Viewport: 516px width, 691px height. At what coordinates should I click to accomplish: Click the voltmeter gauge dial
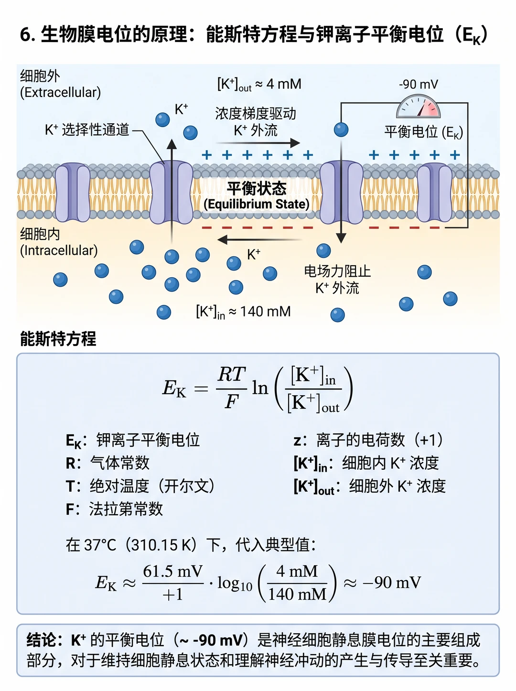tap(418, 108)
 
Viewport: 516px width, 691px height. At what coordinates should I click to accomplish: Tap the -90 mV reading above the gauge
tap(419, 85)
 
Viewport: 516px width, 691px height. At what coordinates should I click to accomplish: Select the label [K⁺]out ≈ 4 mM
tap(259, 85)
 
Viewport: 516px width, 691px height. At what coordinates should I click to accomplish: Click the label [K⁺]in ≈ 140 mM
tap(243, 312)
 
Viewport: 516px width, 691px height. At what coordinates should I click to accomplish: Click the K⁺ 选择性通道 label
tap(87, 130)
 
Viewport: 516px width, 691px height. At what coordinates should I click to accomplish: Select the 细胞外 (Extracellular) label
tap(60, 85)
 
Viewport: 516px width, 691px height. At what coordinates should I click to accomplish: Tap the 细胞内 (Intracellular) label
tap(59, 242)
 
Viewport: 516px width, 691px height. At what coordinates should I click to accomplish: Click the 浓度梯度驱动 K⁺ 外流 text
tap(256, 122)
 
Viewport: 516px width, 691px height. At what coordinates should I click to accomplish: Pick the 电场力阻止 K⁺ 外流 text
tap(337, 280)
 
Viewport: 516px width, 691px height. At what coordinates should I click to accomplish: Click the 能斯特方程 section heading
tap(58, 339)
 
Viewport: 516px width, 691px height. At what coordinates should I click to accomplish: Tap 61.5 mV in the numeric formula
tap(173, 571)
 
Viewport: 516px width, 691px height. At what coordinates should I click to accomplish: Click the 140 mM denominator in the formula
tap(297, 594)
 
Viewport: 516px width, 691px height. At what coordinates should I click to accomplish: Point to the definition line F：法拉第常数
tap(114, 509)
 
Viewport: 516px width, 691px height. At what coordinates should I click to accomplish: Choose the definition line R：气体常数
tap(107, 463)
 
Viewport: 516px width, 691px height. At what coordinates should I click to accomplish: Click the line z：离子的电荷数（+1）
tap(368, 440)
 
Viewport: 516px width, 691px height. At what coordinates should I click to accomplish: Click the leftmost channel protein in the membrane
tap(73, 193)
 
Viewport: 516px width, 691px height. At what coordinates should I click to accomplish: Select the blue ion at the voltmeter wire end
tap(341, 130)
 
